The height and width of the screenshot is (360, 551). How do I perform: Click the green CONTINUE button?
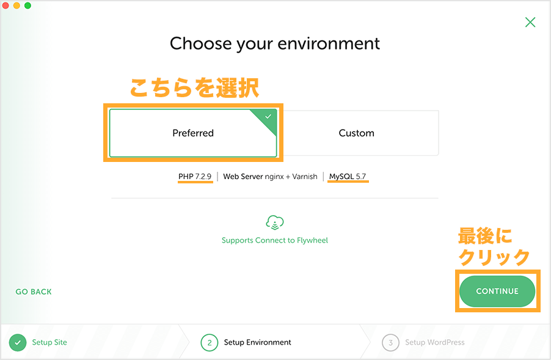tap(497, 291)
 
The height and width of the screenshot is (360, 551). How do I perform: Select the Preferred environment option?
tap(193, 133)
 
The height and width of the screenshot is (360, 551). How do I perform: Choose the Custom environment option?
tap(356, 133)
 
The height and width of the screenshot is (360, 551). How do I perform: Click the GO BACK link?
tap(34, 292)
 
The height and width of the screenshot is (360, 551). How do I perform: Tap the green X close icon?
tap(530, 22)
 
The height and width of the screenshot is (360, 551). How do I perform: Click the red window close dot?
tap(5, 6)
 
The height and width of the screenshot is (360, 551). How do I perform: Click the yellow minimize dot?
tap(16, 6)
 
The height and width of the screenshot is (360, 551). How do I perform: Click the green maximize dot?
tap(27, 6)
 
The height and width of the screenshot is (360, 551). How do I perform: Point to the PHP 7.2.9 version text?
tap(195, 177)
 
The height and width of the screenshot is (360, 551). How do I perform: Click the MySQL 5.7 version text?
tap(348, 177)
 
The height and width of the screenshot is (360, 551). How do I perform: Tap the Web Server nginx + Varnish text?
tap(270, 177)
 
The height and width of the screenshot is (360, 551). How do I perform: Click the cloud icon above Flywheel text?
tap(275, 222)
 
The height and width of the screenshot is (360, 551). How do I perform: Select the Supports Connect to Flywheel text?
tap(275, 240)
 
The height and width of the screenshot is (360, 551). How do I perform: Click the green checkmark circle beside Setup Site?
tap(18, 342)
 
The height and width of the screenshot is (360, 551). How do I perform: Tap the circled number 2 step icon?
tap(210, 342)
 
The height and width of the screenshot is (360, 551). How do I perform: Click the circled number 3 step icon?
tap(390, 342)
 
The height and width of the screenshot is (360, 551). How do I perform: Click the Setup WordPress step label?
tap(435, 342)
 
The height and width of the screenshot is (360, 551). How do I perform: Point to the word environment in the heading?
tap(329, 44)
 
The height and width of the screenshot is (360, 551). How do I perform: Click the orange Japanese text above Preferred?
tap(194, 87)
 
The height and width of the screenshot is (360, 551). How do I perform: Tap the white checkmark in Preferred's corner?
tap(268, 116)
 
